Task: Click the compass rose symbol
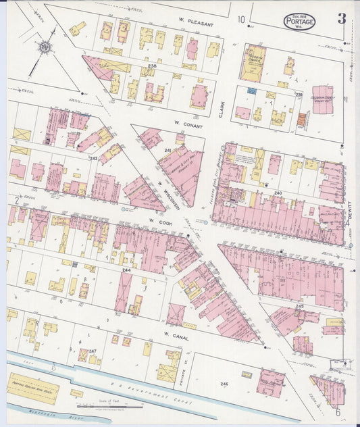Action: [45, 47]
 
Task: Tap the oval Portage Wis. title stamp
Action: [299, 21]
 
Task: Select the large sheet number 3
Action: [342, 18]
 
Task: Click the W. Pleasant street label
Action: [195, 24]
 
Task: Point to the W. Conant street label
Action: [184, 124]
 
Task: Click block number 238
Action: [153, 66]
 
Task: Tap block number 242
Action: [94, 158]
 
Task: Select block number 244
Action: [126, 270]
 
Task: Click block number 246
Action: [224, 384]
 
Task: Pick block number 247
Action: [93, 351]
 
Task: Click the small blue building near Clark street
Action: [252, 91]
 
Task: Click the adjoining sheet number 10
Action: [241, 19]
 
